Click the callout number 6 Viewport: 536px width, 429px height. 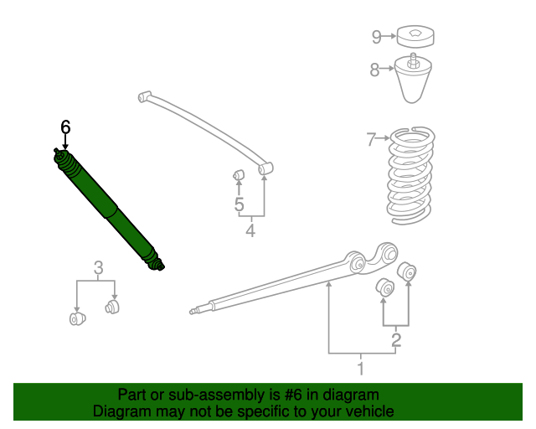tap(65, 127)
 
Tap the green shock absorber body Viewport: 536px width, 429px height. tap(109, 209)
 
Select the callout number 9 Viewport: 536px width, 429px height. tap(376, 37)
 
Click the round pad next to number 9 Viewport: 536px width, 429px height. tap(415, 36)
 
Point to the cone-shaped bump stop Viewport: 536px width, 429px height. tap(413, 80)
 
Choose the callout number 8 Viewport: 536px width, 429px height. tap(374, 70)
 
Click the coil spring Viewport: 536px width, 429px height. tap(410, 175)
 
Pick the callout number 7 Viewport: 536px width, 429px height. tap(371, 139)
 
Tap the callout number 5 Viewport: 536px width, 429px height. tap(240, 204)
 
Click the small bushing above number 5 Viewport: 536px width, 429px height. tap(239, 175)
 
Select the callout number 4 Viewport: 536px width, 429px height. tap(250, 230)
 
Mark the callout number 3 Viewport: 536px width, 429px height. tap(99, 268)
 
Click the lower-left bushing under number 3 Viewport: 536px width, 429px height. tap(77, 319)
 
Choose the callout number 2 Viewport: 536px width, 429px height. tap(396, 339)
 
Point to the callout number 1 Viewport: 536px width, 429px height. tap(361, 369)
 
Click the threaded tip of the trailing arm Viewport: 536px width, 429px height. tap(194, 311)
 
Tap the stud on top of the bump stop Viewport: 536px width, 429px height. tap(413, 59)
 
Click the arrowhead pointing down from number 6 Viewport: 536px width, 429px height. tap(65, 147)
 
